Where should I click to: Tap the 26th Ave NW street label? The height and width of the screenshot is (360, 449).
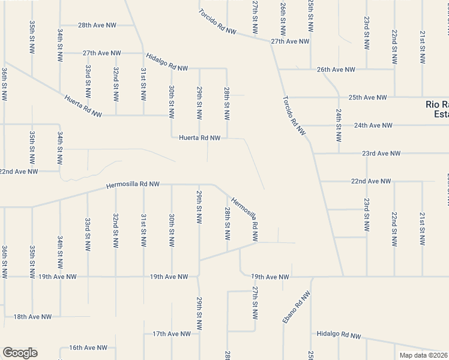(x=336, y=70)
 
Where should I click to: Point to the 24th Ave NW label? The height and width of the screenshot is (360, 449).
(x=373, y=125)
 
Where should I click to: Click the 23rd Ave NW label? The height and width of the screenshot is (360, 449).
(x=381, y=154)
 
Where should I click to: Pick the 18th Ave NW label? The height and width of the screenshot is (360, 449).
(x=32, y=316)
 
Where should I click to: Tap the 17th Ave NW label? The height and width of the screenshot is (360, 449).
(x=171, y=334)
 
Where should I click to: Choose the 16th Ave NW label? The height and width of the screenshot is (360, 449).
(x=88, y=347)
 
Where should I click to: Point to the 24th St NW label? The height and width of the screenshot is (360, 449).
(x=339, y=125)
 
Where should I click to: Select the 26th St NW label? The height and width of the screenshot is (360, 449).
(x=283, y=18)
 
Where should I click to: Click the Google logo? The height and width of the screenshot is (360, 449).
(x=20, y=353)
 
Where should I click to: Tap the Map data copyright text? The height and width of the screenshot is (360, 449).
(x=424, y=355)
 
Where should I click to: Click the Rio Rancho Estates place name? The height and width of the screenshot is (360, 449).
(x=436, y=109)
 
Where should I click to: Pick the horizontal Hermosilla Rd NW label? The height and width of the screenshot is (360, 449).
(x=133, y=185)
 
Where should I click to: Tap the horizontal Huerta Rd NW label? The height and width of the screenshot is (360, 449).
(x=200, y=137)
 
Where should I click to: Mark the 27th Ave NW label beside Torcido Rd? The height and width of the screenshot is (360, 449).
(x=290, y=41)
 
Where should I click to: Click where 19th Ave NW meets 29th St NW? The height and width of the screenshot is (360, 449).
(x=199, y=277)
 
